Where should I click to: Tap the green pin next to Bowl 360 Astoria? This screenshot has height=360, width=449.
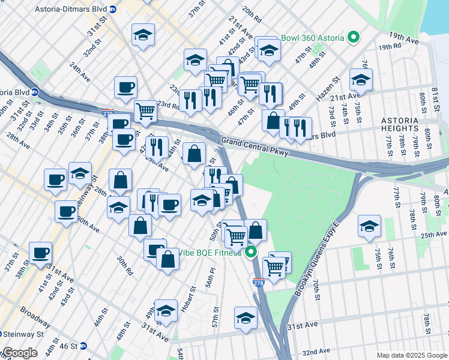[354, 38]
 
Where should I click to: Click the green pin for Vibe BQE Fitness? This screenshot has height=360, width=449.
[252, 252]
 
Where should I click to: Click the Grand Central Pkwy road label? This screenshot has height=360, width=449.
[255, 148]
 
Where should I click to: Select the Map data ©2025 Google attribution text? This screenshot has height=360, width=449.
[412, 355]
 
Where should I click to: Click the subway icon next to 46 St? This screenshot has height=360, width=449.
[83, 346]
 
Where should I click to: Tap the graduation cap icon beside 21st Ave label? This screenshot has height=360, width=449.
[361, 79]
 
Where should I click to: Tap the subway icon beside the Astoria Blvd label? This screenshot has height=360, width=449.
[35, 92]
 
